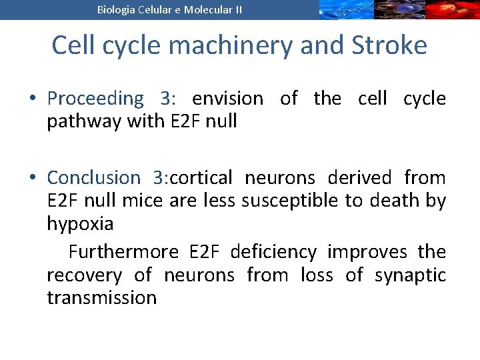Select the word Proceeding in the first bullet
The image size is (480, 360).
[x=95, y=99]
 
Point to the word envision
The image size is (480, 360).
[x=227, y=99]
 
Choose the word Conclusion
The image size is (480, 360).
[x=93, y=178]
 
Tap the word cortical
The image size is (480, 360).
[x=201, y=178]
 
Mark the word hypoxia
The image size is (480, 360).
[x=80, y=224]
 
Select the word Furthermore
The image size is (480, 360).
[x=123, y=252]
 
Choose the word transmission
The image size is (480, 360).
[x=101, y=297]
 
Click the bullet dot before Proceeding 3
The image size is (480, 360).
[x=32, y=99]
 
